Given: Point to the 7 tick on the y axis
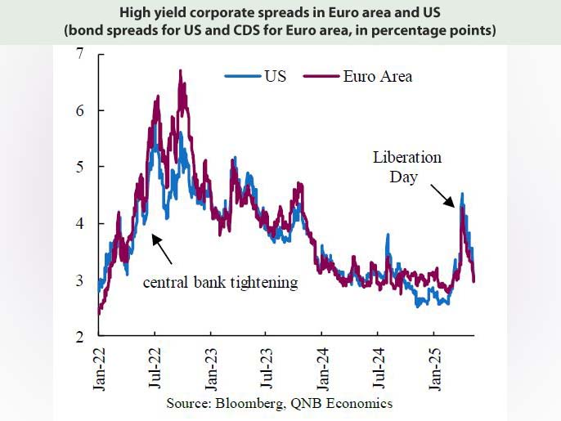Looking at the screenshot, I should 79,54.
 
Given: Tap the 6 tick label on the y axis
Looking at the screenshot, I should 79,110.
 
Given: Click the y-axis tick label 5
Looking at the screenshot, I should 79,167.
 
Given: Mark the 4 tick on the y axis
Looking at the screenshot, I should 79,223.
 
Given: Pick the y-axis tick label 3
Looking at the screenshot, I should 79,280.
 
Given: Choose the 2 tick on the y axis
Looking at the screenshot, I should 79,336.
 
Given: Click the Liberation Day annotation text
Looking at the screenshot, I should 406,166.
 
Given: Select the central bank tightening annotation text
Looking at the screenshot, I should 220,283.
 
